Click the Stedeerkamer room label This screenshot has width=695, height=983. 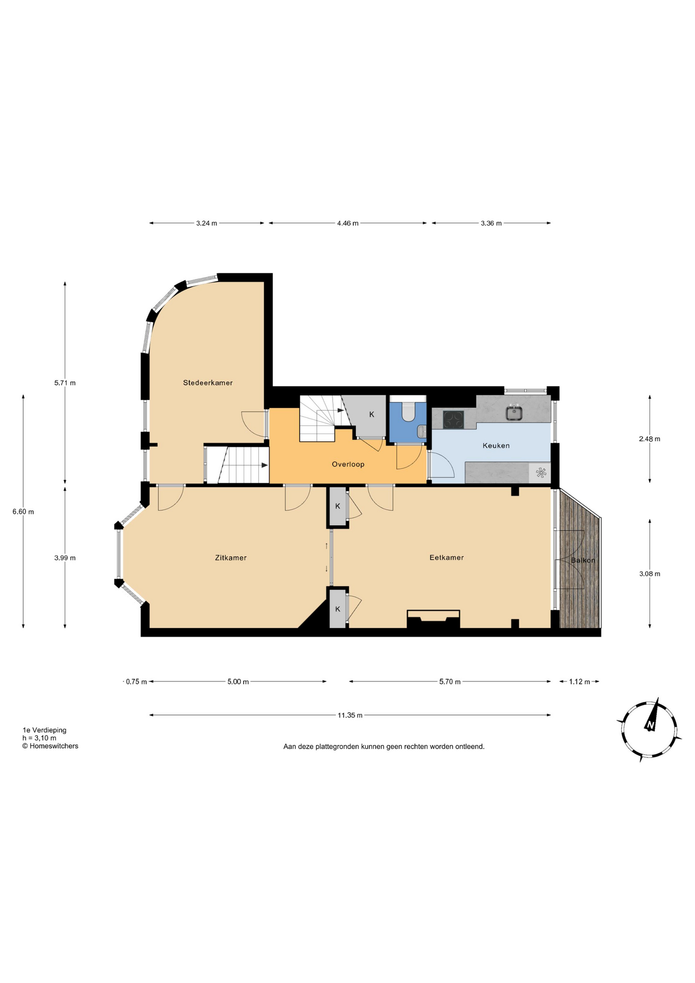coord(208,382)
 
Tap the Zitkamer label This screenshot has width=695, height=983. coord(231,558)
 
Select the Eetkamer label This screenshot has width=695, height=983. coord(446,557)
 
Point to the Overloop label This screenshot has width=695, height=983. coord(348,464)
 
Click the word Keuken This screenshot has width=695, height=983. coord(496,445)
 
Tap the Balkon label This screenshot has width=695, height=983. coord(583,560)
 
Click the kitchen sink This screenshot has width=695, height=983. coord(514,412)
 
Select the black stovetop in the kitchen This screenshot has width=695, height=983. coord(453,420)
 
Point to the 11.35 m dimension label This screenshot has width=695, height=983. coord(350,715)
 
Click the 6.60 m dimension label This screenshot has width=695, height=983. coord(23,511)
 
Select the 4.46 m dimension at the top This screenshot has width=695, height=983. coord(347,223)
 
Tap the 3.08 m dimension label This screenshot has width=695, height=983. coord(649,573)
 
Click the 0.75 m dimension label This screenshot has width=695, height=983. coord(136,681)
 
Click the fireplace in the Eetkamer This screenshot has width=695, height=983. coord(433,619)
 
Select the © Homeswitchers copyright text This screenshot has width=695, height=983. coord(50,746)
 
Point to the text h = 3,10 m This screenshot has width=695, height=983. coord(39,738)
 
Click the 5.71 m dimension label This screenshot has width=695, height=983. coord(65,382)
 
